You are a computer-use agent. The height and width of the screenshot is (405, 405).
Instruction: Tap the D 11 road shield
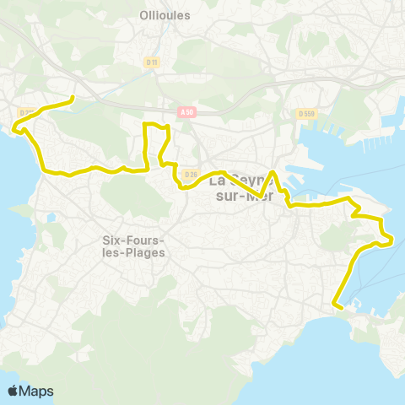152,62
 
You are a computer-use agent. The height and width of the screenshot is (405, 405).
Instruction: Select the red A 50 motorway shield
186,110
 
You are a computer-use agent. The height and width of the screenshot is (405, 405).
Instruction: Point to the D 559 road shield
305,112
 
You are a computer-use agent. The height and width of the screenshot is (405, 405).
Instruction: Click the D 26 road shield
190,175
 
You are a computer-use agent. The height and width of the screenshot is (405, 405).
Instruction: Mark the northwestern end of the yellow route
73,99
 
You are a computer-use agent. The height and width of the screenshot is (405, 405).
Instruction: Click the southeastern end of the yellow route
336,305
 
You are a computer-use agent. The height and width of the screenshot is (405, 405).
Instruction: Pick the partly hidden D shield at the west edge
24,111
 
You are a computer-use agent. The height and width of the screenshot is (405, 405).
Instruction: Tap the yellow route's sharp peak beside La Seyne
272,172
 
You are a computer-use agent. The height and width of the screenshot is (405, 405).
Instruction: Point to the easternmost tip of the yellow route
392,241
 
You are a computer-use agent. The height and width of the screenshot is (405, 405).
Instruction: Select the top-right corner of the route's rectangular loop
169,127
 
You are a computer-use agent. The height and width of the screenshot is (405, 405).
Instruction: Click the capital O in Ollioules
142,15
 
